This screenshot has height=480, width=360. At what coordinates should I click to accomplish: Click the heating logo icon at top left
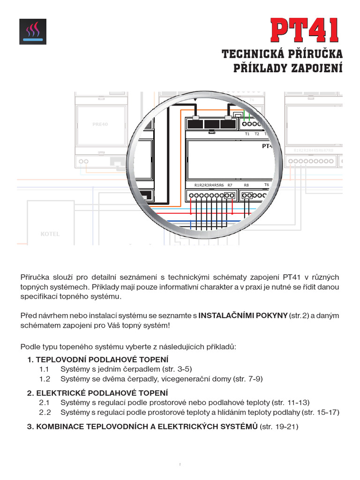33,31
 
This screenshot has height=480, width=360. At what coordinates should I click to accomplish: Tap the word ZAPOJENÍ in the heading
315,68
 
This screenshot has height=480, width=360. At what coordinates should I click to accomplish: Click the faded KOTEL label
50,234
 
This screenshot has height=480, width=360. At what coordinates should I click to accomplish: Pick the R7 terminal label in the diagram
230,185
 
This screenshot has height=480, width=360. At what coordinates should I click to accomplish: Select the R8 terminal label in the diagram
247,185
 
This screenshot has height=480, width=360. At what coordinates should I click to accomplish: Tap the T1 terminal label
247,134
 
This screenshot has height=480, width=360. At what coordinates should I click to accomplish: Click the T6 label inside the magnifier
266,185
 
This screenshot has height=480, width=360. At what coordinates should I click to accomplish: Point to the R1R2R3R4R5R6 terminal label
209,185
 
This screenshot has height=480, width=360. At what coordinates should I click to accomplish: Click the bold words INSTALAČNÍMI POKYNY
243,315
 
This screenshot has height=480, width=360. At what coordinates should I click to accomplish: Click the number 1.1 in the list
45,369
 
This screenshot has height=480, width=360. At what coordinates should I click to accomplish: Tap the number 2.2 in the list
45,412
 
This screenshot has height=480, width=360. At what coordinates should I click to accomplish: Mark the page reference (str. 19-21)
279,427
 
